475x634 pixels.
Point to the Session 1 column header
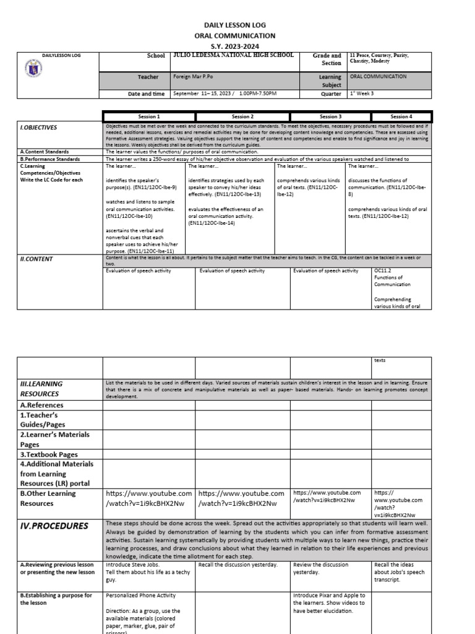(148, 116)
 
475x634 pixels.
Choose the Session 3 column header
(331, 116)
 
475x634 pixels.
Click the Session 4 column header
(400, 116)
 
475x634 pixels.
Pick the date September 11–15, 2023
(199, 94)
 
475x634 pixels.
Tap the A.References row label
(41, 405)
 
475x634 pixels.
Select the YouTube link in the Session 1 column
(149, 498)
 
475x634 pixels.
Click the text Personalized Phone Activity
(141, 596)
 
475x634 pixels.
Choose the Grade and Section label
(327, 59)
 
